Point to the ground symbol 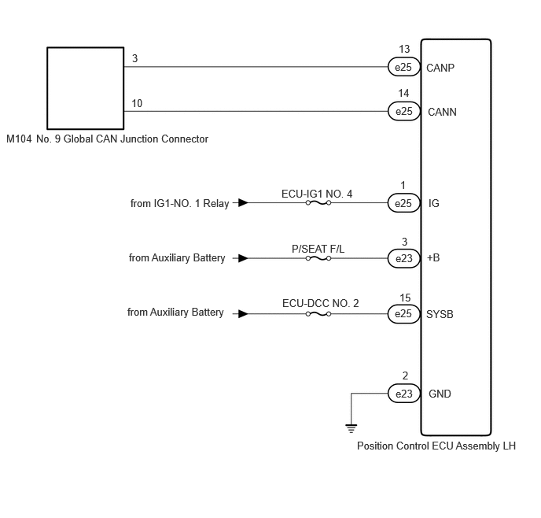[351, 428]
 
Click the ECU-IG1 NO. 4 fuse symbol [318, 203]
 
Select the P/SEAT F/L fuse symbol [318, 258]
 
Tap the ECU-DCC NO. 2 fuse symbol [318, 314]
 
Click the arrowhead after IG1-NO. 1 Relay [243, 202]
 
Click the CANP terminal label [440, 68]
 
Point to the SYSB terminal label [440, 314]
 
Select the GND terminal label [440, 394]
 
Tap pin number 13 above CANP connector [404, 49]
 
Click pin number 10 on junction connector [137, 103]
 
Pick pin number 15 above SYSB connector [405, 298]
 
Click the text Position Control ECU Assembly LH [436, 446]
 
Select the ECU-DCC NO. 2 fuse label [321, 303]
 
